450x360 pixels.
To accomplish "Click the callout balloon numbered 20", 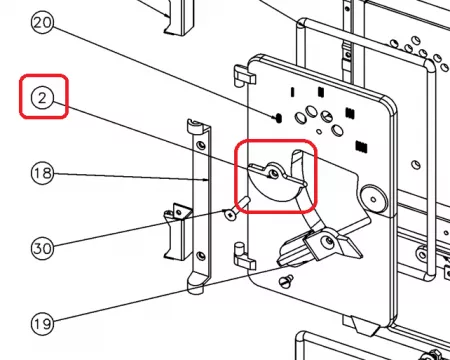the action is [42, 23].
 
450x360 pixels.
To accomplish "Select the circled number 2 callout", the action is [42, 99].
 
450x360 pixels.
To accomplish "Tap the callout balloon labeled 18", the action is [42, 173].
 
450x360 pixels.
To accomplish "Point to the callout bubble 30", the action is [42, 248].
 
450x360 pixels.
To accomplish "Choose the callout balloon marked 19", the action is [42, 323].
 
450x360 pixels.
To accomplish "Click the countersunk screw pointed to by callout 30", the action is [229, 214].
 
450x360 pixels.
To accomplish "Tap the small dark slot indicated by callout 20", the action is [279, 117].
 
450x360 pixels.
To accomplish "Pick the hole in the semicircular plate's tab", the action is [274, 174].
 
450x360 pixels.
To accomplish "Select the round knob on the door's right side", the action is [373, 199].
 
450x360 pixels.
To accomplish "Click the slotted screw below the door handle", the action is [287, 281].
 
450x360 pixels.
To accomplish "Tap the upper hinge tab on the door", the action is [244, 75].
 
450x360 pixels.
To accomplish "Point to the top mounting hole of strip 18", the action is [201, 145].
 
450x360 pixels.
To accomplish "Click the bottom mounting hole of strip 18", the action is [201, 256].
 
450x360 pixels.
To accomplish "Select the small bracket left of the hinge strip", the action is [178, 231].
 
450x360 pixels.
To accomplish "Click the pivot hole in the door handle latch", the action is [329, 240].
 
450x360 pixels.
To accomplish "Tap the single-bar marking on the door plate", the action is [293, 92].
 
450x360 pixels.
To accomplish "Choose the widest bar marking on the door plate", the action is [361, 147].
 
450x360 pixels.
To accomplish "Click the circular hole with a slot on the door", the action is [327, 117].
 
